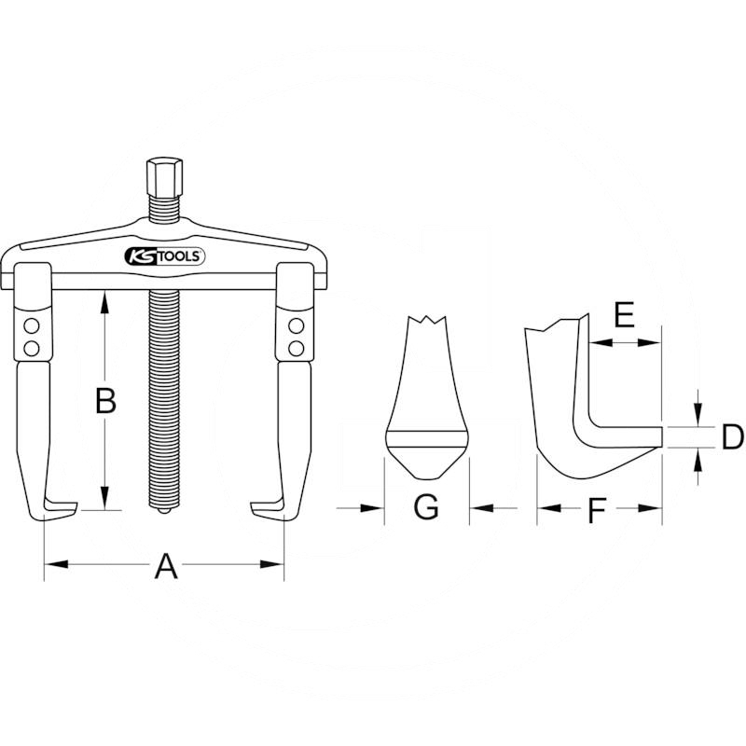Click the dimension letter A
click(x=164, y=565)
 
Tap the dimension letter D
click(x=732, y=436)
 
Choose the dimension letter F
click(x=598, y=510)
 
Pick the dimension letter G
click(x=425, y=507)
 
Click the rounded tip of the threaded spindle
click(x=164, y=512)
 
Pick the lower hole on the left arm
click(x=32, y=348)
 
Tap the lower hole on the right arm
click(x=297, y=348)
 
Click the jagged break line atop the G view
click(x=427, y=322)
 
